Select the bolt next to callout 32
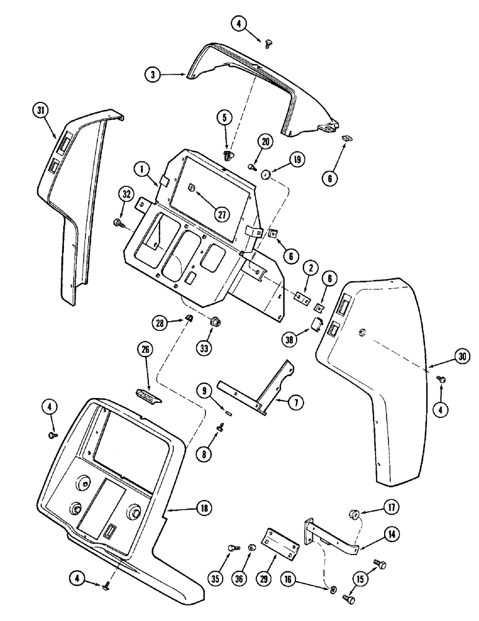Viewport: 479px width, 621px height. (117, 222)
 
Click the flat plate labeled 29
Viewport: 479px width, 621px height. (282, 538)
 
